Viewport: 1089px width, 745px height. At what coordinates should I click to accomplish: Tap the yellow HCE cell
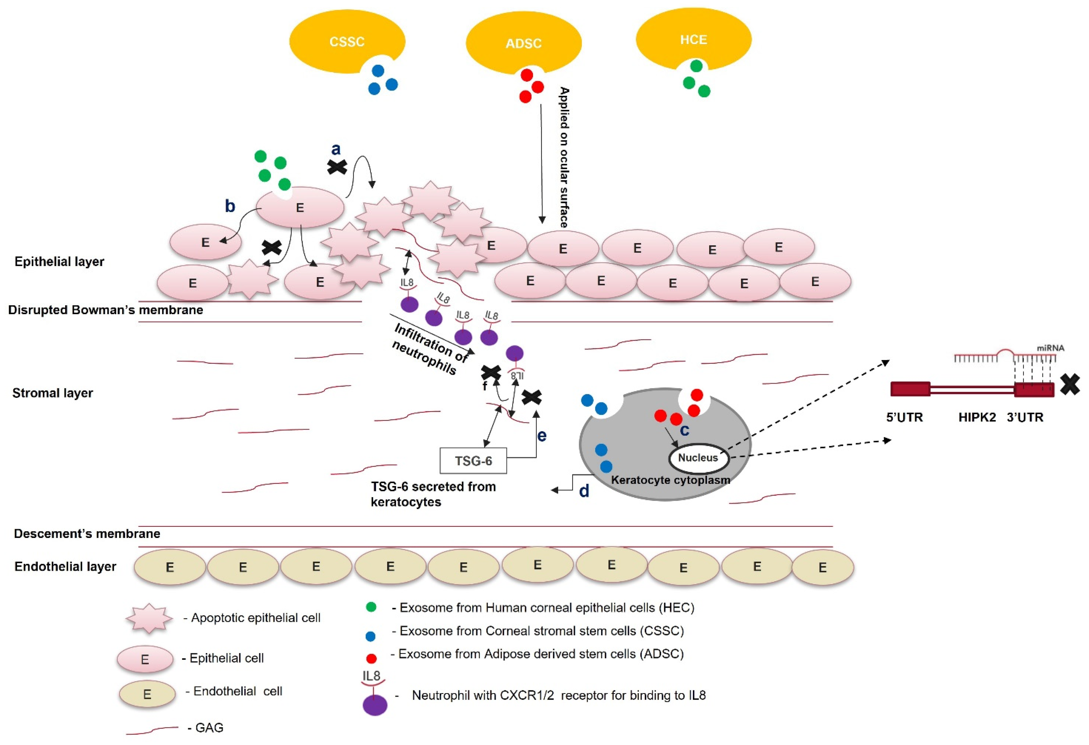coord(693,39)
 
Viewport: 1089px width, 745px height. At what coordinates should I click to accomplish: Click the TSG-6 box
coord(473,461)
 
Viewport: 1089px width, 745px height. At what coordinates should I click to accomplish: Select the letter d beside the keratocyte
coord(584,491)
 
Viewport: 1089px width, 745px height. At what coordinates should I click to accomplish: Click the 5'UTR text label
coord(904,417)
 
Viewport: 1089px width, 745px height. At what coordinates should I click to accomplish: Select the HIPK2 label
coord(977,417)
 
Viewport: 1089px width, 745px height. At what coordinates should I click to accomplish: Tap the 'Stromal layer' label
coord(52,393)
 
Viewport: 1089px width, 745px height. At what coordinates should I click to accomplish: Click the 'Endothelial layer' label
coord(65,567)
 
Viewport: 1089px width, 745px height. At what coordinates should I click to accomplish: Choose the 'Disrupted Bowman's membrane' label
coord(105,310)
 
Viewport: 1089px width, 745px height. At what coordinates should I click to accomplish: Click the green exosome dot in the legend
coord(371,607)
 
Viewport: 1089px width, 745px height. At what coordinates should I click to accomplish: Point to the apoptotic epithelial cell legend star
coord(149,618)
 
